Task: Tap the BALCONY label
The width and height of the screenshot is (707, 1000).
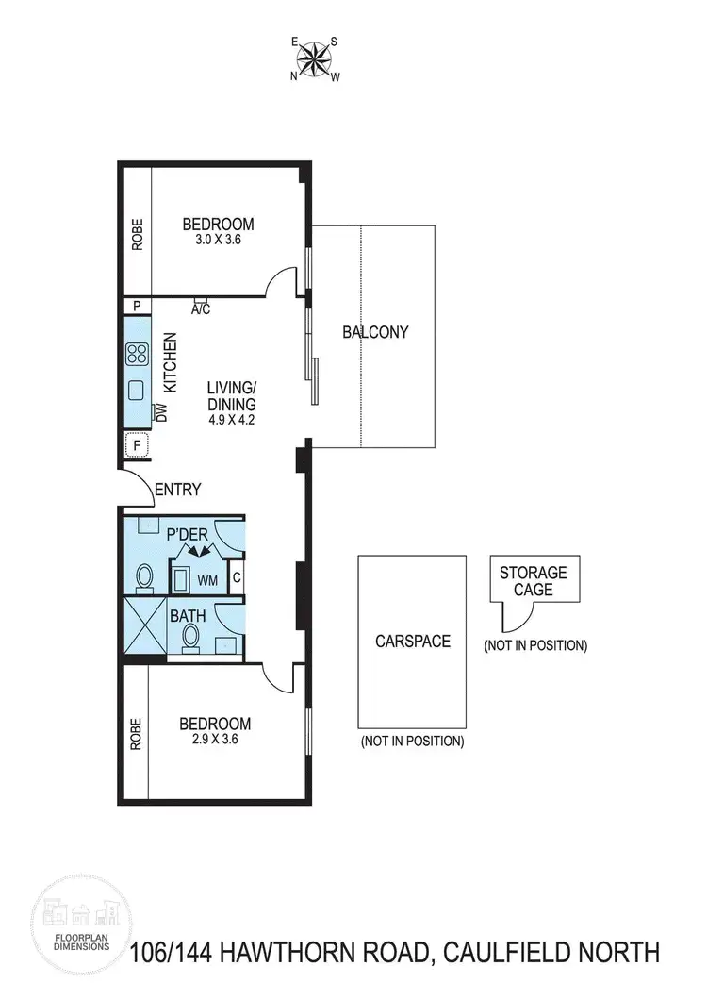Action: tap(375, 332)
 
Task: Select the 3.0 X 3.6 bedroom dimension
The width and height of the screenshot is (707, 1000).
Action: tap(218, 241)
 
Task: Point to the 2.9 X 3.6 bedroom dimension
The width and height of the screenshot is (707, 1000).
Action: tap(215, 741)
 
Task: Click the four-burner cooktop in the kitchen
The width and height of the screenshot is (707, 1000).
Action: tap(137, 354)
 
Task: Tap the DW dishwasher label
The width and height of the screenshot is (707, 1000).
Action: tap(161, 411)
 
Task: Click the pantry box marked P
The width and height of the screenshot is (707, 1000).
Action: tap(137, 306)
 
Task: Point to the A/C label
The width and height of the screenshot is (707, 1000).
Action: tap(200, 308)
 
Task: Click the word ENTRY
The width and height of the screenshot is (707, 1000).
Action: tap(177, 489)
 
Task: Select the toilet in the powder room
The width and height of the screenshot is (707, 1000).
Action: tap(145, 575)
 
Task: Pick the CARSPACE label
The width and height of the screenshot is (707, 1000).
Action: tap(412, 641)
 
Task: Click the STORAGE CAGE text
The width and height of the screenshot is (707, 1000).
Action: tap(533, 581)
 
